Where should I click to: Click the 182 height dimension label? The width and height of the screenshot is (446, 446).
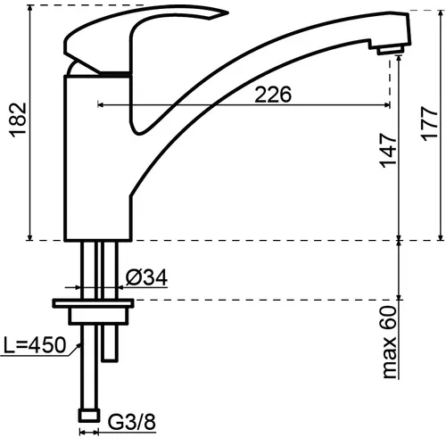click(x=19, y=120)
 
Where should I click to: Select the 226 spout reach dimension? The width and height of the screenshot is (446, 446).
click(x=273, y=95)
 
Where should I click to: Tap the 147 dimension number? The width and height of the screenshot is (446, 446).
click(x=388, y=151)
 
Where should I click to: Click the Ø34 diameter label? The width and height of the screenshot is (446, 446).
click(x=146, y=277)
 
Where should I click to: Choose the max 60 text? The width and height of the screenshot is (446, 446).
click(x=390, y=343)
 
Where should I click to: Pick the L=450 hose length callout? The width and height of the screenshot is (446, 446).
click(x=34, y=345)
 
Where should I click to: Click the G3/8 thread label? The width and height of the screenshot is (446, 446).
click(x=131, y=422)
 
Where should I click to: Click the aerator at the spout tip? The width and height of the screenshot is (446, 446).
click(x=390, y=49)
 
